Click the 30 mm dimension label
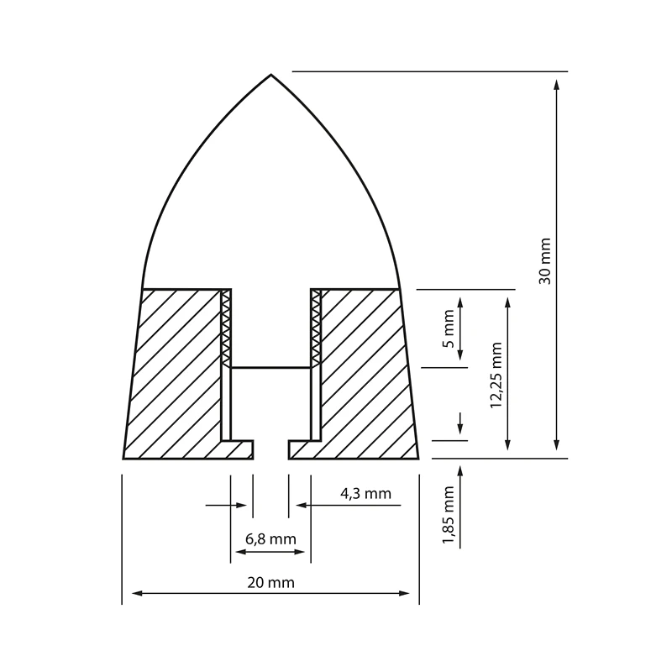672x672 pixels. (x=545, y=261)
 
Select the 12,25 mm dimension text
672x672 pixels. (x=496, y=374)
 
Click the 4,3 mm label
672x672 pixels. (x=365, y=494)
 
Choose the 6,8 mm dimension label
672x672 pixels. (x=270, y=538)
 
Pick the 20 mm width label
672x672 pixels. (x=270, y=581)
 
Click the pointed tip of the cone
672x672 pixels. (x=270, y=76)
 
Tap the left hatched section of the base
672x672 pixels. (x=176, y=370)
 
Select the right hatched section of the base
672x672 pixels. (x=365, y=370)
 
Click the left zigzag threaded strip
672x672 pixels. (x=225, y=328)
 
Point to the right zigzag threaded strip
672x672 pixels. (x=316, y=328)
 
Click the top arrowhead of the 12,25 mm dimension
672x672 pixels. (x=507, y=301)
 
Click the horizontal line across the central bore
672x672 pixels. (x=270, y=367)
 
